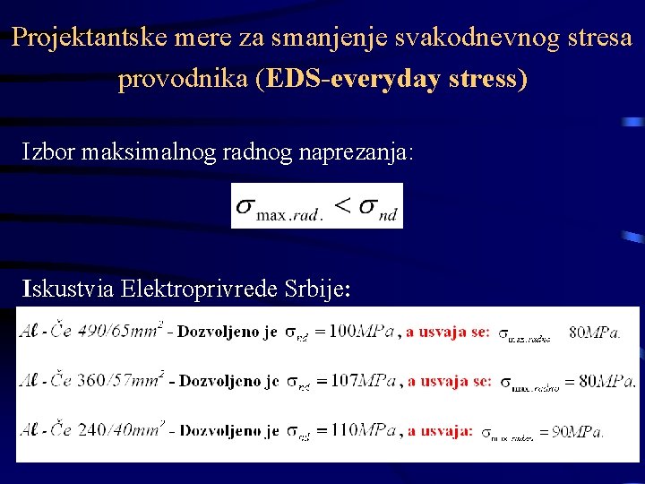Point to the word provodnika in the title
point(183,79)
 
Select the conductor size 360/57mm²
point(120,380)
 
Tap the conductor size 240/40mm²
point(120,429)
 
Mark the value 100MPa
point(359,332)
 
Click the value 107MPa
point(359,380)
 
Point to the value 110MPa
point(359,429)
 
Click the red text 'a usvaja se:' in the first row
point(448,332)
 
